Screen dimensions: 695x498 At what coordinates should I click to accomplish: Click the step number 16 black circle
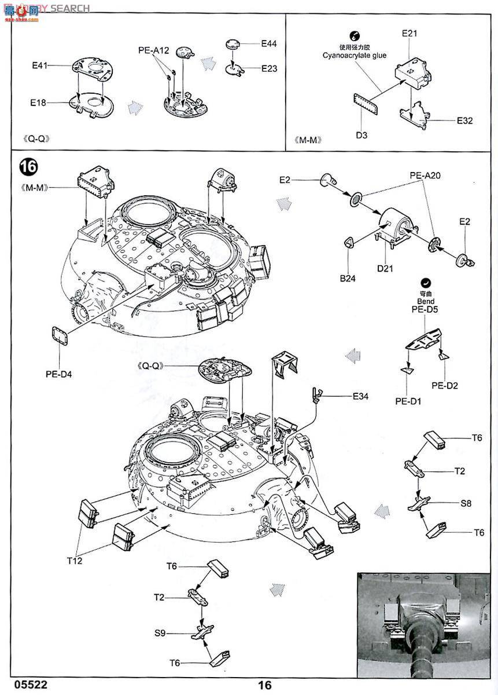coord(28,167)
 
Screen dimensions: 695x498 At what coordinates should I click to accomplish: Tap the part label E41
coord(39,66)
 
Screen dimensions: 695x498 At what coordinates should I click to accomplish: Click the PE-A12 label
coord(153,50)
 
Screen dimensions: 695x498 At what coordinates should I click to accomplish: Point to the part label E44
coord(269,43)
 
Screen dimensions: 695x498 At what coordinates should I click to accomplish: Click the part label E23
coord(269,68)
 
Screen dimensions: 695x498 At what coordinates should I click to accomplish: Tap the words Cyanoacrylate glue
coord(355,56)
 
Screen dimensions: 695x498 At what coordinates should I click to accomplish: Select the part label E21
coord(410,34)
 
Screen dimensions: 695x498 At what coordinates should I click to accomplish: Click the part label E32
coord(465,120)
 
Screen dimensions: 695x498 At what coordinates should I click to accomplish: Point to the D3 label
coord(361,136)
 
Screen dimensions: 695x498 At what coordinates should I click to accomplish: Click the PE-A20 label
coord(425,175)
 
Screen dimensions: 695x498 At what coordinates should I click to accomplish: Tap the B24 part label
coord(348,278)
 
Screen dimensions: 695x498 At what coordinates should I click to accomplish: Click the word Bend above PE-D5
coord(425,302)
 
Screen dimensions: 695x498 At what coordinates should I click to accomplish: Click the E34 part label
coord(360,396)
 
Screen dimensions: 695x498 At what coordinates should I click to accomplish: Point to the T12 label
coord(75,561)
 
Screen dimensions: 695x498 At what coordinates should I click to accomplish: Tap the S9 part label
coord(160,634)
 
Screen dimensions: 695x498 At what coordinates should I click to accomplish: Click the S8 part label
coord(466,503)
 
